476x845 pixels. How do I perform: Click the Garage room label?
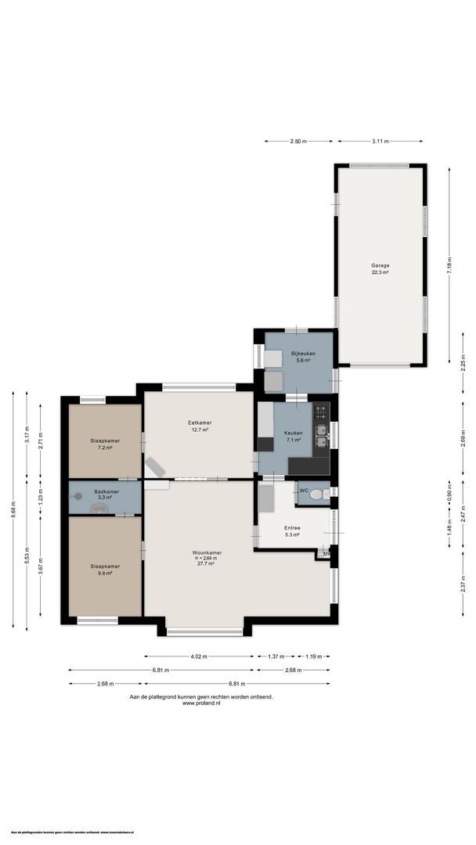point(380,265)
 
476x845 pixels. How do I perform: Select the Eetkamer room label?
point(200,422)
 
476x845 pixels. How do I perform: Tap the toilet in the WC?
point(316,494)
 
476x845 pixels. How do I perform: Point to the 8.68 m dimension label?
point(13,510)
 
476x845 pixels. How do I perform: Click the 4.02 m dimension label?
point(199,656)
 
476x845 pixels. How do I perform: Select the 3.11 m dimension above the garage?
point(380,141)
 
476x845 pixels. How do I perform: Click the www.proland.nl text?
point(201,703)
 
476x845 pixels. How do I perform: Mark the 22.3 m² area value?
point(380,271)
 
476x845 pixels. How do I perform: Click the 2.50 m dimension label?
point(297,141)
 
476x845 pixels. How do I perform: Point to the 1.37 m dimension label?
point(274,656)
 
